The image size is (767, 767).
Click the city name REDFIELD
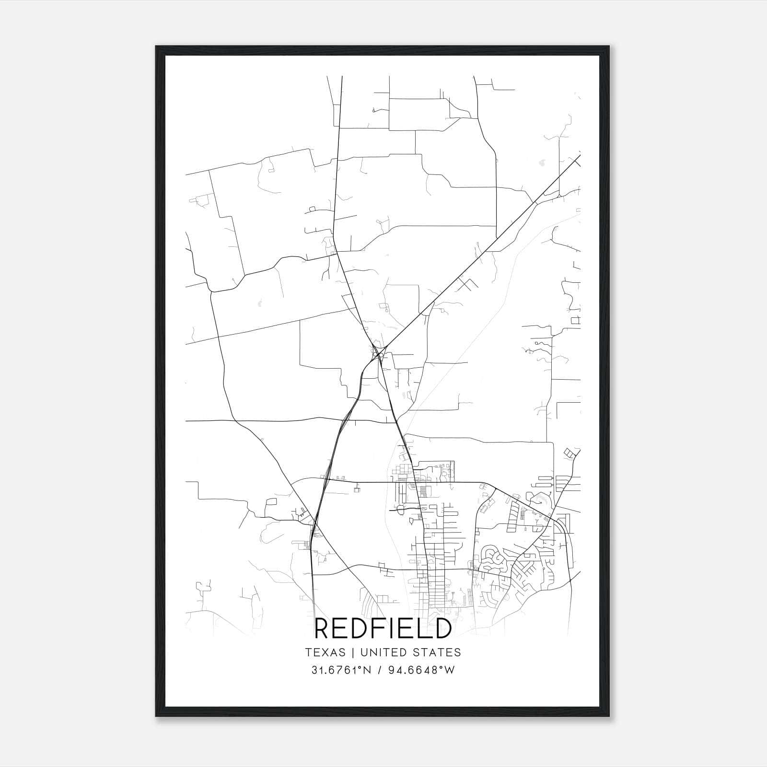tap(383, 628)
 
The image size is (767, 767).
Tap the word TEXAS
tap(325, 652)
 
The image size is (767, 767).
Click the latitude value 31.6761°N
tap(342, 670)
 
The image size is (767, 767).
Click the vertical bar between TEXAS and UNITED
tap(353, 652)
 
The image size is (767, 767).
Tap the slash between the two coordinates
tap(379, 670)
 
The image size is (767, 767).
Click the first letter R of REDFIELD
tap(323, 628)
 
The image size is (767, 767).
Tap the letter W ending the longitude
tap(449, 670)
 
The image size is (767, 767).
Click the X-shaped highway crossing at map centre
tap(378, 354)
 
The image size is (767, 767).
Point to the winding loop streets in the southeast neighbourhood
tap(494, 558)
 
